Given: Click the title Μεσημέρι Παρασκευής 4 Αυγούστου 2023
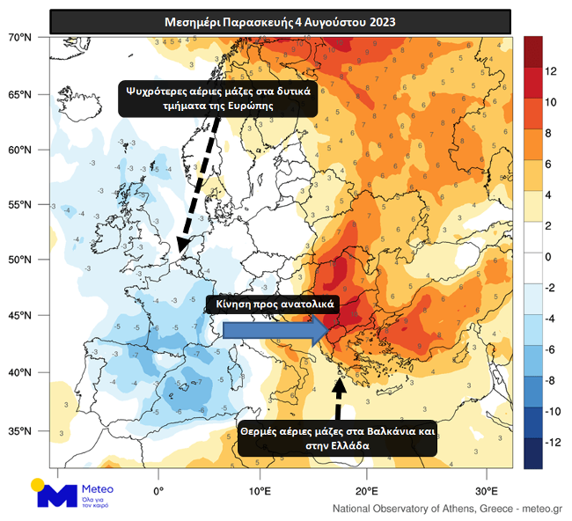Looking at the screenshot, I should pyautogui.click(x=280, y=21).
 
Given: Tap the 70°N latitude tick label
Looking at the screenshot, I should pyautogui.click(x=19, y=38).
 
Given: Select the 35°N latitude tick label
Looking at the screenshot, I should pyautogui.click(x=19, y=431).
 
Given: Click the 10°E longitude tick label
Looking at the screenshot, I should pyautogui.click(x=260, y=489).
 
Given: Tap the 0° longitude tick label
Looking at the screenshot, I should pyautogui.click(x=158, y=489).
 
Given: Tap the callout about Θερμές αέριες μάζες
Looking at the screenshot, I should pyautogui.click(x=338, y=438).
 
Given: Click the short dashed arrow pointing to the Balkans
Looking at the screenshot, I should pyautogui.click(x=340, y=396).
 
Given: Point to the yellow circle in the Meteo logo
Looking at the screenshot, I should pyautogui.click(x=37, y=483).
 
